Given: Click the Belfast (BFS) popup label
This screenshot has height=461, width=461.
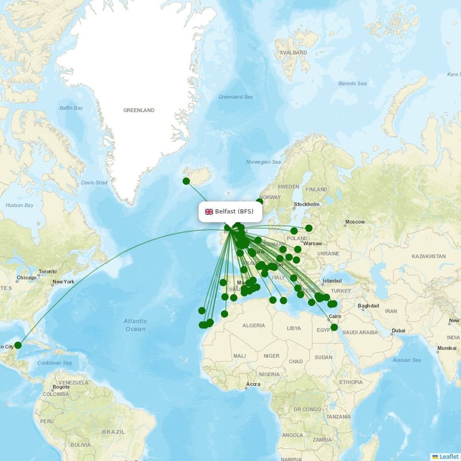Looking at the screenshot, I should [229, 211].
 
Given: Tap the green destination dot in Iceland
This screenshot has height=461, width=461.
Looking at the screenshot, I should [186, 181].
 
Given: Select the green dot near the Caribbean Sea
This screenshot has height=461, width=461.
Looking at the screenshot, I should [18, 345].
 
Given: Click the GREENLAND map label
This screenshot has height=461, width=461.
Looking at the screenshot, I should [139, 110].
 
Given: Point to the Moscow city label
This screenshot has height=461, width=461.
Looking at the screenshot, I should [355, 222].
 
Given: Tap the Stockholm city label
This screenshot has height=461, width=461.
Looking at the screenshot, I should [307, 205].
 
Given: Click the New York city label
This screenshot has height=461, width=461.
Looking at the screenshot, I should [63, 282].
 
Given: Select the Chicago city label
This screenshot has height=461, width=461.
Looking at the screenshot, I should [27, 278].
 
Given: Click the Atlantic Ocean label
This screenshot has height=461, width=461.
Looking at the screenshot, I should [135, 324].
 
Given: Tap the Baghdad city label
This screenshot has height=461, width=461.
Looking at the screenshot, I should [368, 306].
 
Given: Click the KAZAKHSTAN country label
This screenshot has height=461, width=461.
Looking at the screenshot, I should [429, 256].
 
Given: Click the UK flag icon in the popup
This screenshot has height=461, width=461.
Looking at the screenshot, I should [209, 211].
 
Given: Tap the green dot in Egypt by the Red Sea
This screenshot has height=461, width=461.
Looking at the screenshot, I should [334, 327].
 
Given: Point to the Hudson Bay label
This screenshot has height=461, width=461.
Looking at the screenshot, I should [19, 205].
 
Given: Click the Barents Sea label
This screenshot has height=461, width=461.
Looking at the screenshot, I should [352, 84].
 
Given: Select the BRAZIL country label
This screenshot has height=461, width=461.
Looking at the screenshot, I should [113, 432].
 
